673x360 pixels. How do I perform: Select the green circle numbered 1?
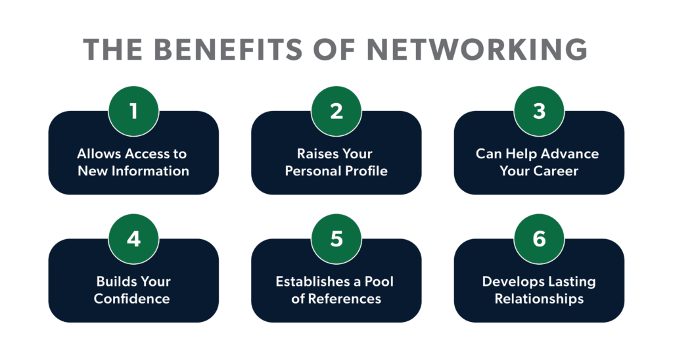(133, 110)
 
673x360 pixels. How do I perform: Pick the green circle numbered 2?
(336, 110)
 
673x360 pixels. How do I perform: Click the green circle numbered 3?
(539, 110)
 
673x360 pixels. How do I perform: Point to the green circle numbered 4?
(133, 238)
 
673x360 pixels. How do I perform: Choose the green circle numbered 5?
(336, 238)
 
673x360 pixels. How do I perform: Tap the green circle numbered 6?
(539, 238)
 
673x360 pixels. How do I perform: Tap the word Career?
(557, 171)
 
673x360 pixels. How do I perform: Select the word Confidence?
(132, 299)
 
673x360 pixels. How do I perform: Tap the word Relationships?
(539, 299)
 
